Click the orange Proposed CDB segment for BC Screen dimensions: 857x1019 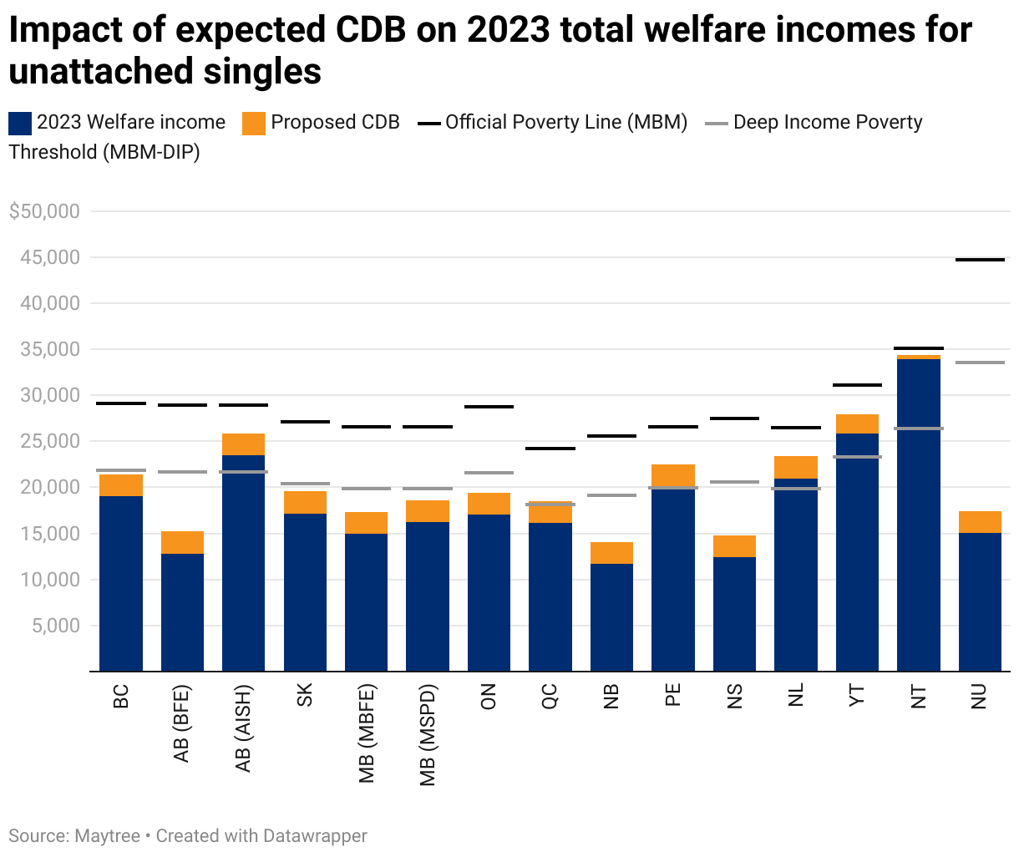pyautogui.click(x=121, y=485)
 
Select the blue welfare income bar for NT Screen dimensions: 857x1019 pyautogui.click(x=919, y=515)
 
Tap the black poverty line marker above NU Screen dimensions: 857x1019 pyautogui.click(x=980, y=260)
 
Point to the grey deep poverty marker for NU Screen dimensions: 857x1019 pyautogui.click(x=980, y=363)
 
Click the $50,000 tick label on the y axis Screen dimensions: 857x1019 pyautogui.click(x=44, y=211)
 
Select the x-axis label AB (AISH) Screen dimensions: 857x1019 pyautogui.click(x=243, y=728)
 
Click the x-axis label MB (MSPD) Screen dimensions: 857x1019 pyautogui.click(x=428, y=735)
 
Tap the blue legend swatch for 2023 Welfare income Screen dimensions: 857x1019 pyautogui.click(x=20, y=123)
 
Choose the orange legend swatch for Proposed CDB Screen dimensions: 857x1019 pyautogui.click(x=254, y=123)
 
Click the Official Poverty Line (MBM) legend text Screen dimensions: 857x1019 pyautogui.click(x=566, y=122)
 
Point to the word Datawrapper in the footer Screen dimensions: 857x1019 pyautogui.click(x=315, y=836)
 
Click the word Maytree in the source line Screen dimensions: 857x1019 pyautogui.click(x=107, y=836)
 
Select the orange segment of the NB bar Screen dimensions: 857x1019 pyautogui.click(x=611, y=553)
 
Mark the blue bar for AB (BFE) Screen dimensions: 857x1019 pyautogui.click(x=182, y=612)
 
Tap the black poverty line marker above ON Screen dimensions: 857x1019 pyautogui.click(x=489, y=407)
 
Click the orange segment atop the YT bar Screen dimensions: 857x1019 pyautogui.click(x=857, y=423)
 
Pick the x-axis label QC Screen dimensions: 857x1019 pyautogui.click(x=550, y=696)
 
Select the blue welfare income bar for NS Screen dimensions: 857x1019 pyautogui.click(x=734, y=614)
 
